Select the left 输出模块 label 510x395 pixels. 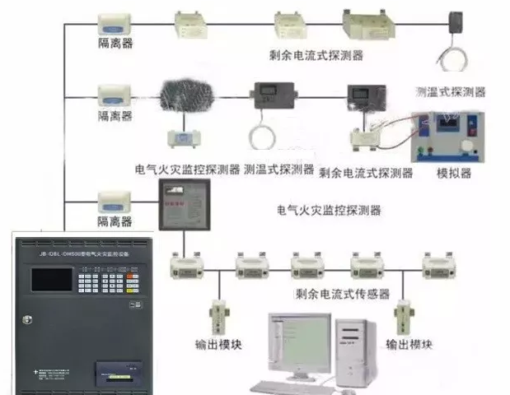[x=218, y=343]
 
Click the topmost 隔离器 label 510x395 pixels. [x=115, y=44]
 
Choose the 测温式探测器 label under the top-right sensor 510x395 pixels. [x=450, y=91]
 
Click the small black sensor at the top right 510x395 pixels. [x=456, y=21]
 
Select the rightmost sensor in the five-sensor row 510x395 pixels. [x=437, y=264]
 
